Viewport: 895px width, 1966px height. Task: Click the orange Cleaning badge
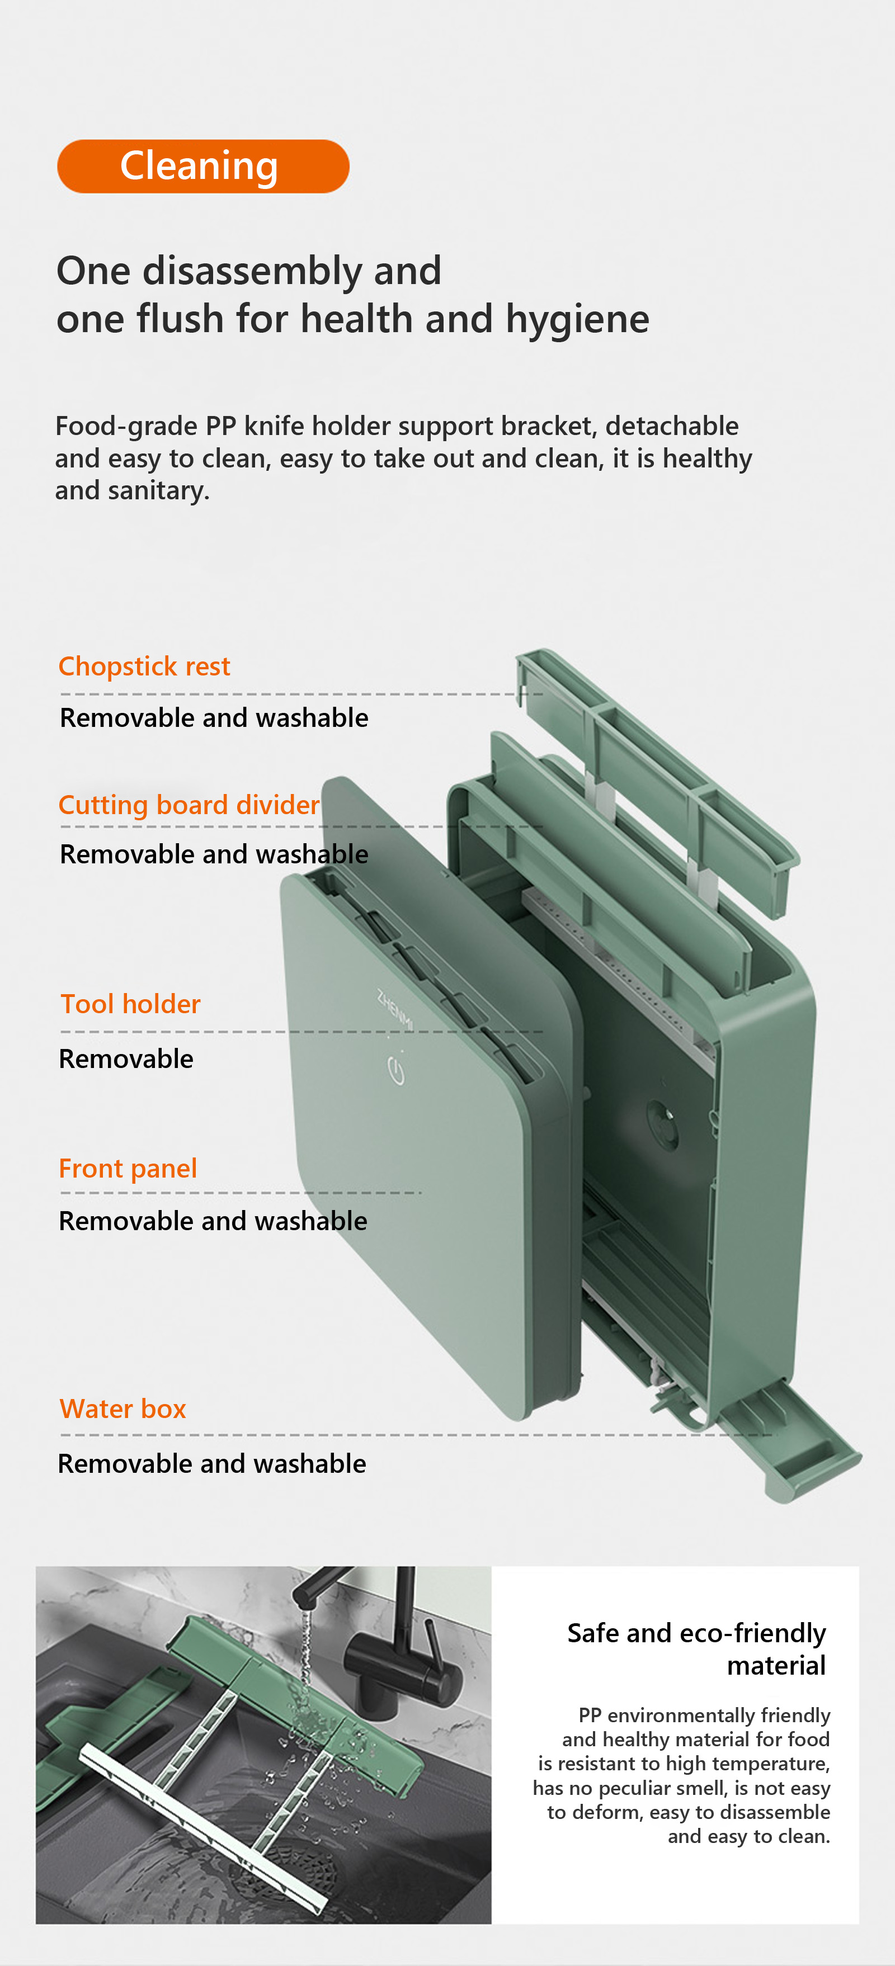click(203, 167)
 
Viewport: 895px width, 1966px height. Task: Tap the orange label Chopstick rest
click(144, 667)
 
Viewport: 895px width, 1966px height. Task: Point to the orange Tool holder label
click(130, 1004)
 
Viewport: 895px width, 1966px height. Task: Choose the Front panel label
click(128, 1169)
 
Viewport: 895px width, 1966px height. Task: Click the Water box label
click(123, 1409)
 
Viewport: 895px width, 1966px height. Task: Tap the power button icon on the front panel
click(395, 1070)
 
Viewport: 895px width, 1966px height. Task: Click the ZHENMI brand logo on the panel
click(395, 1009)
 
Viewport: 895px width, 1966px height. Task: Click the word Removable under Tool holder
click(126, 1058)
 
